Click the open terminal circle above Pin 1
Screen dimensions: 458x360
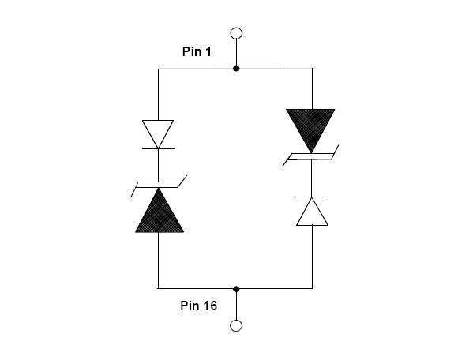pos(236,33)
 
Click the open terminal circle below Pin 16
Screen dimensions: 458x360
pos(236,325)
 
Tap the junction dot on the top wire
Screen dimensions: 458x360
pos(236,69)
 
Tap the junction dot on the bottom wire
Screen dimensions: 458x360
pos(236,289)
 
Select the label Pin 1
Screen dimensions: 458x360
pos(197,51)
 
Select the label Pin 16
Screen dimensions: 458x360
pos(199,306)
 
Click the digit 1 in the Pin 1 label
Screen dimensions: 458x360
pos(208,51)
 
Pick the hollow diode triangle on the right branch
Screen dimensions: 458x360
pos(312,211)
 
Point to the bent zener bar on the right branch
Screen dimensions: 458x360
pos(311,156)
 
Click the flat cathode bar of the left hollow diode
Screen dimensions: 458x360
pos(158,148)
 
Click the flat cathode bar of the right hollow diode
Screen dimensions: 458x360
pos(311,197)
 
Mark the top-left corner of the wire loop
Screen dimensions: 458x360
pos(158,69)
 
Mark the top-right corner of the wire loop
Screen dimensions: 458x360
pos(312,69)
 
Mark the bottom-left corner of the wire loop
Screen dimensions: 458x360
pos(158,288)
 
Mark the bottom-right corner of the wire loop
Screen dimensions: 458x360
pos(312,288)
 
